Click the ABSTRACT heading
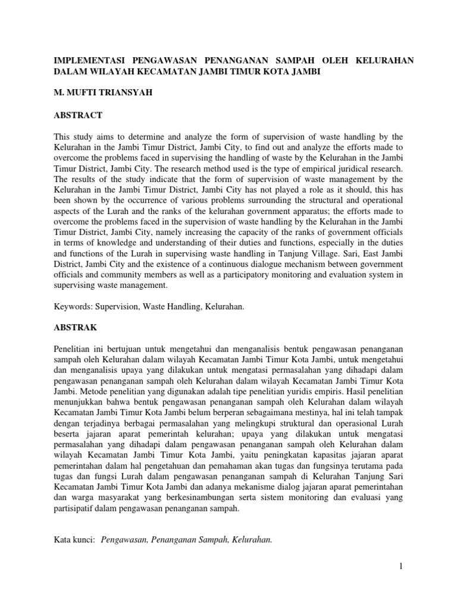click(78, 115)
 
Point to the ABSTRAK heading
click(76, 328)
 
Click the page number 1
click(402, 566)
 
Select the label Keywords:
click(73, 306)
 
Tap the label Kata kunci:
click(74, 540)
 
